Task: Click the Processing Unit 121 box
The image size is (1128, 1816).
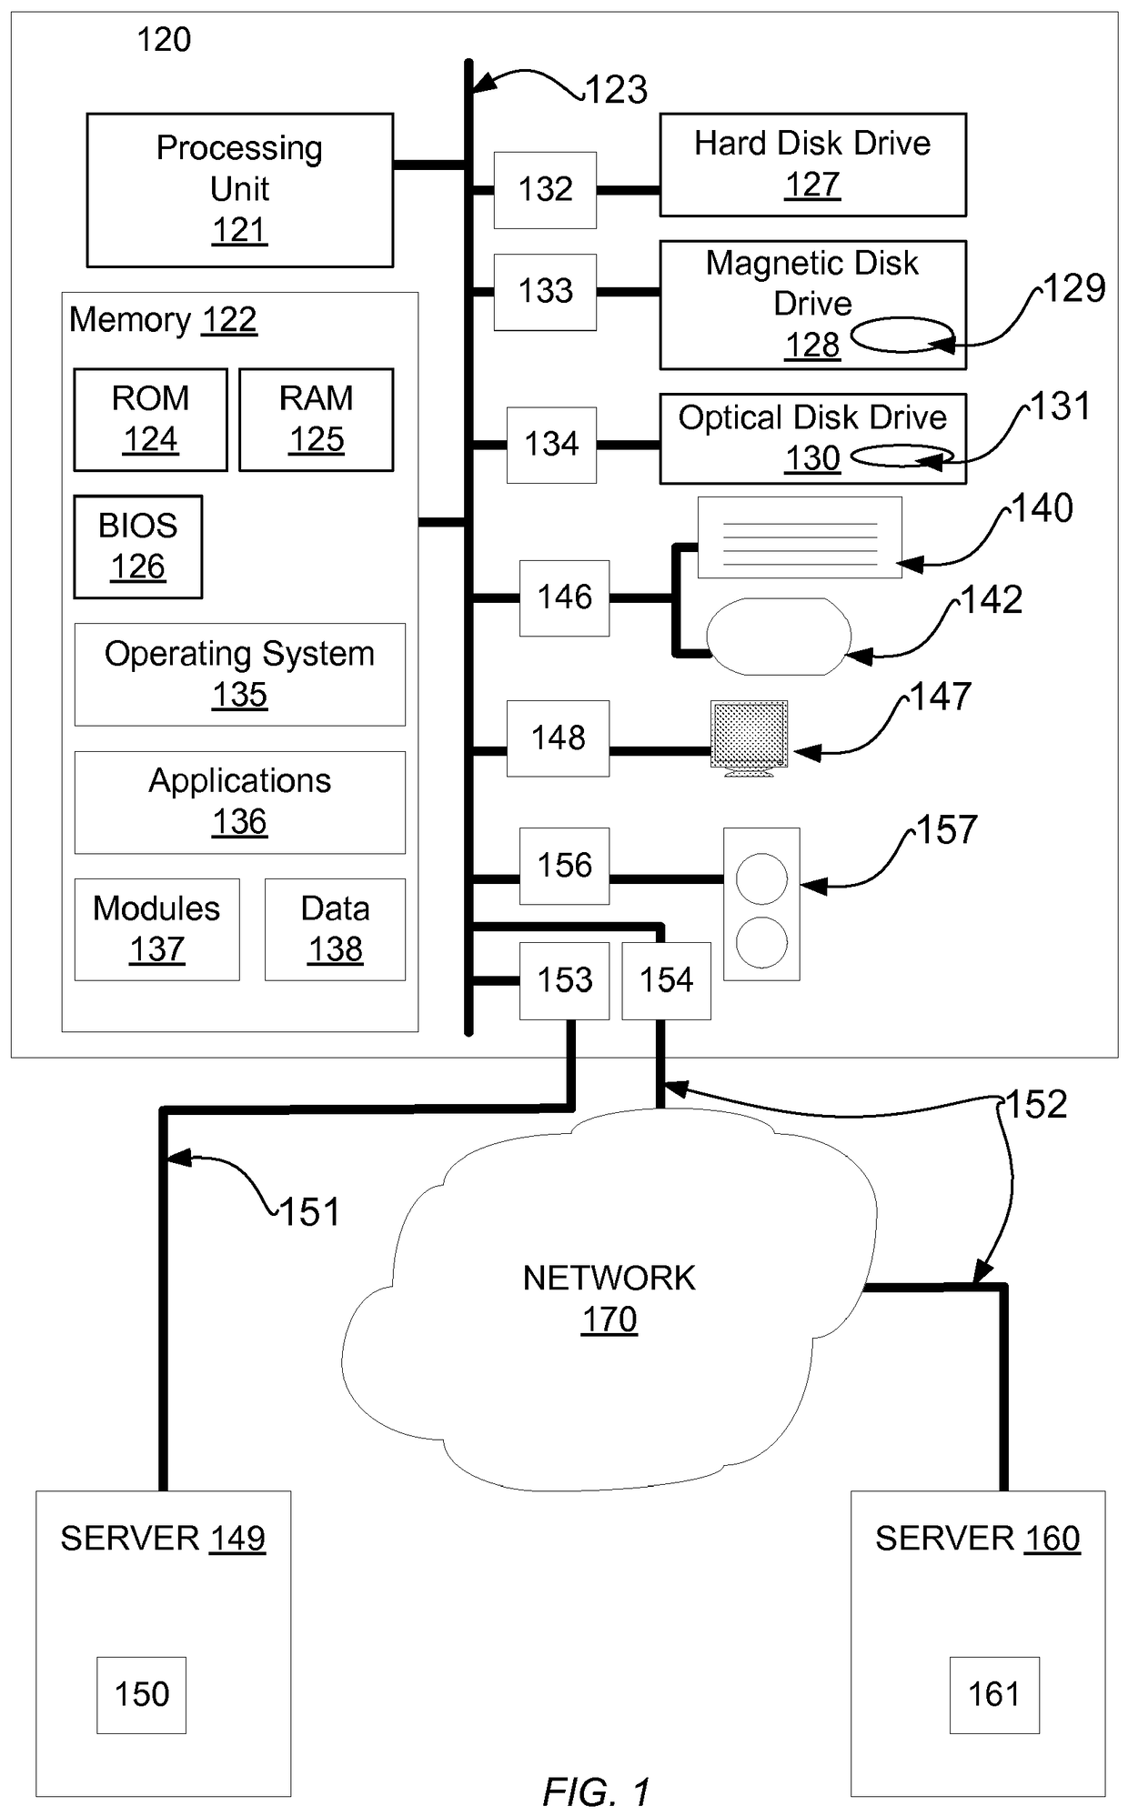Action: tap(240, 190)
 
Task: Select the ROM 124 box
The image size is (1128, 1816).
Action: tap(150, 419)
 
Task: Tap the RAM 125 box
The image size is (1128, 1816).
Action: tap(317, 419)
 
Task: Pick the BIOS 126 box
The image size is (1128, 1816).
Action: tap(138, 547)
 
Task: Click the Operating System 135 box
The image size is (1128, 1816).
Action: tap(240, 674)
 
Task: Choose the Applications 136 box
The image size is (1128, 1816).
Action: tap(240, 802)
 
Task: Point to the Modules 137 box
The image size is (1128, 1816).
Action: tap(157, 929)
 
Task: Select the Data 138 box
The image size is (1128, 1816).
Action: tap(335, 929)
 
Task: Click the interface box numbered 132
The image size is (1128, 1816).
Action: tap(546, 190)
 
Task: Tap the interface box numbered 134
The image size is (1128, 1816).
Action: tap(552, 445)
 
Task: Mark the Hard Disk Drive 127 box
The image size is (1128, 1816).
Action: tap(813, 165)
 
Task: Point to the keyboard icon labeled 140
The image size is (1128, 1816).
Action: tap(800, 537)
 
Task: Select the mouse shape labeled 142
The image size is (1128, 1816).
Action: tap(779, 637)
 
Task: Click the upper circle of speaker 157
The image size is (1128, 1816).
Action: tap(761, 879)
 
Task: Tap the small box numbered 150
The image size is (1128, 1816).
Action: tap(142, 1695)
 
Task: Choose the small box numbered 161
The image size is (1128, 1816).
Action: tap(994, 1695)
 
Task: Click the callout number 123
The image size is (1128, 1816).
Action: tap(616, 90)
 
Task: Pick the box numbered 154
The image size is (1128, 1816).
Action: tap(667, 980)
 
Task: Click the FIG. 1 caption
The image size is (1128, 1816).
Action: tap(597, 1792)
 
